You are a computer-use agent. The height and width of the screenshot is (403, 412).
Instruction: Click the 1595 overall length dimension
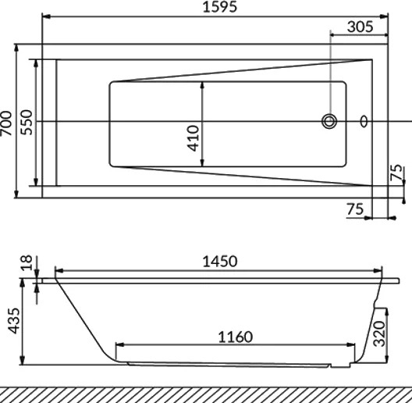220,7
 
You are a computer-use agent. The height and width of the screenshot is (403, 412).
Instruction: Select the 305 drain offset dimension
360,27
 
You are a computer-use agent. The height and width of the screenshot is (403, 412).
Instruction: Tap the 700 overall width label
6,123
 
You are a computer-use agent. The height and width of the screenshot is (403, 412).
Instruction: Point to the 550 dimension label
27,123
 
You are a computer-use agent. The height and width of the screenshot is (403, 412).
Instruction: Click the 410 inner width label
194,138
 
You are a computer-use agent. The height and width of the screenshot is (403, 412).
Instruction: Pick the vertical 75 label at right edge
396,173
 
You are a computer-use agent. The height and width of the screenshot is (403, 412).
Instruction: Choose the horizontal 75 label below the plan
355,209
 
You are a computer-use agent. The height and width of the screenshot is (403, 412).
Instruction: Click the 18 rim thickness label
27,262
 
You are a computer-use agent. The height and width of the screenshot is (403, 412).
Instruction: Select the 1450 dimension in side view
220,262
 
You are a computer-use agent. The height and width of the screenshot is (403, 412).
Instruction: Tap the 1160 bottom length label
236,337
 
